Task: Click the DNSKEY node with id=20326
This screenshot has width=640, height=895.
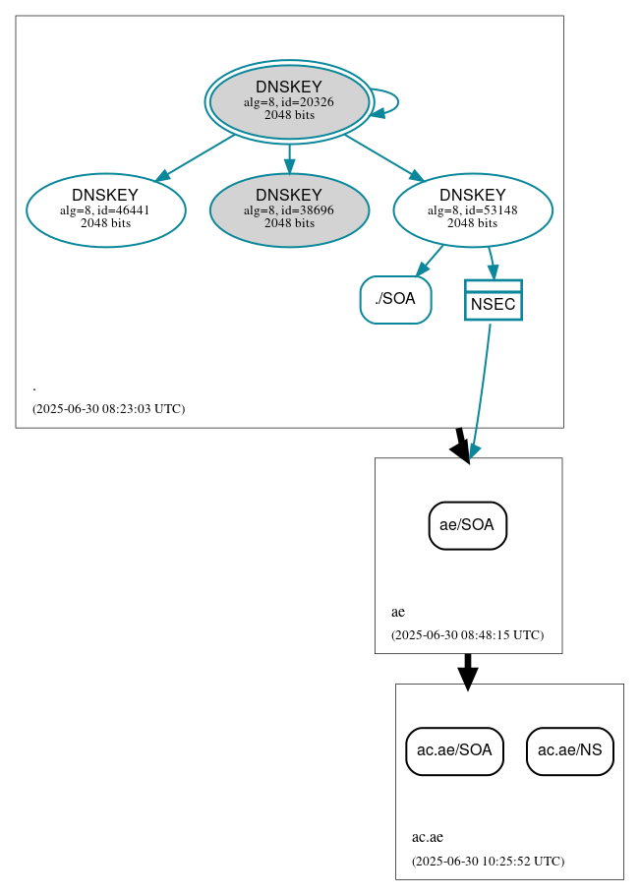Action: pos(289,101)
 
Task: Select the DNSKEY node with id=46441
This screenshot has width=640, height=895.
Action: pos(106,209)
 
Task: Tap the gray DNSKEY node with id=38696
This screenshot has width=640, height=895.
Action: pos(289,209)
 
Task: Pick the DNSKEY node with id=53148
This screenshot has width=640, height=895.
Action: pos(472,209)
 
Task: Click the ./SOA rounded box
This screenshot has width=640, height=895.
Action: pos(395,300)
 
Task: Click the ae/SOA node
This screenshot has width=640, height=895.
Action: pos(467,525)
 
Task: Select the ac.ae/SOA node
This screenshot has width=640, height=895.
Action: pos(454,751)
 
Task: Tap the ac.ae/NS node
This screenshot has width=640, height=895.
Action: pos(570,751)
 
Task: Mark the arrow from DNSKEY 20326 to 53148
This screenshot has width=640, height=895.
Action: pos(383,157)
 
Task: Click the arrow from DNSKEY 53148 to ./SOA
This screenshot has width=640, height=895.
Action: pos(430,261)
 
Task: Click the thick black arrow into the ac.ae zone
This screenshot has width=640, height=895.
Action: pos(468,671)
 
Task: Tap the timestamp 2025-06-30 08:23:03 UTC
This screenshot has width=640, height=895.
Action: pos(108,408)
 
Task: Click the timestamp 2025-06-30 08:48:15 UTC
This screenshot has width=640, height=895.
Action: pos(467,635)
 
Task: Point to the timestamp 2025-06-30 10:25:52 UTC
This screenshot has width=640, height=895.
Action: pos(488,862)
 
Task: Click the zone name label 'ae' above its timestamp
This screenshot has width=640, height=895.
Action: pos(398,612)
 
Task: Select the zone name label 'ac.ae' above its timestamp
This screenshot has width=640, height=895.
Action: pos(428,838)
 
